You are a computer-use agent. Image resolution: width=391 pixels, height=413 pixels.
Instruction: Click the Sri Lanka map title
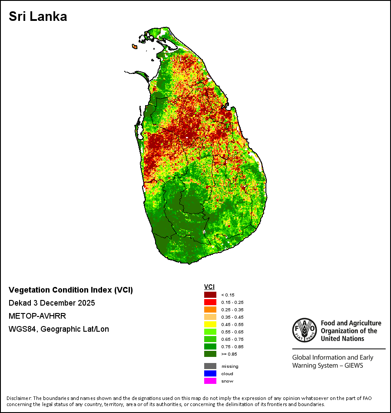(38, 17)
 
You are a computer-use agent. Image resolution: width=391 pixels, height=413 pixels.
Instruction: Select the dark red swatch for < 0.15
(210, 295)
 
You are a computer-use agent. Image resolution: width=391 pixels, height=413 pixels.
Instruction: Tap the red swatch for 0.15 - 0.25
(210, 302)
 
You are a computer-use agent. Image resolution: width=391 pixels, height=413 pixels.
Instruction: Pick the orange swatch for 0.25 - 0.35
(210, 310)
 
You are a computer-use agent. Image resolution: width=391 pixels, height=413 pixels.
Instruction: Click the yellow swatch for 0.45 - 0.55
(210, 324)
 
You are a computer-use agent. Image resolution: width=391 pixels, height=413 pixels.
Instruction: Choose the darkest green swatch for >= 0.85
(210, 354)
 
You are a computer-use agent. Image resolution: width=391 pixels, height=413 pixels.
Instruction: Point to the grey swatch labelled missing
(210, 366)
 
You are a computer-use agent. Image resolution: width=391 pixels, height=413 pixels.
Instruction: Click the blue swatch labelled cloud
(210, 373)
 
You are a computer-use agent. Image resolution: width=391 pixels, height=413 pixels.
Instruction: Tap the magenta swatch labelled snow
(210, 381)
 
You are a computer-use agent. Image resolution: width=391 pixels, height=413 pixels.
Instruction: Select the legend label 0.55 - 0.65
(232, 332)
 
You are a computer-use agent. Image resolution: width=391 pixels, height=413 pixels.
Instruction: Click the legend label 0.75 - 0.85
(232, 346)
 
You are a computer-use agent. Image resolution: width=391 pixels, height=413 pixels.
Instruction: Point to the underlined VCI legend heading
(209, 287)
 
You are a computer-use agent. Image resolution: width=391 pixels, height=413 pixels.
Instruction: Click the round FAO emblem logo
(305, 330)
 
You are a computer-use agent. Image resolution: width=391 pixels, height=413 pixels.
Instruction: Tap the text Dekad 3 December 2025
(52, 303)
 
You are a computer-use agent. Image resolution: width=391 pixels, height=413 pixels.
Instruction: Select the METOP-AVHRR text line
(37, 316)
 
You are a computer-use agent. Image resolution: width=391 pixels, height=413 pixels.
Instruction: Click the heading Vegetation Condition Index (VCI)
(71, 290)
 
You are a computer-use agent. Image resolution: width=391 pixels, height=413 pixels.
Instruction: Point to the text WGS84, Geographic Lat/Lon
(59, 329)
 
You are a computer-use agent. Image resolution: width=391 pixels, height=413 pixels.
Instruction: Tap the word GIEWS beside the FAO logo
(354, 366)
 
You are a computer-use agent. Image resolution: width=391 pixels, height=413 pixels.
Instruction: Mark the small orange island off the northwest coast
(135, 47)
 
